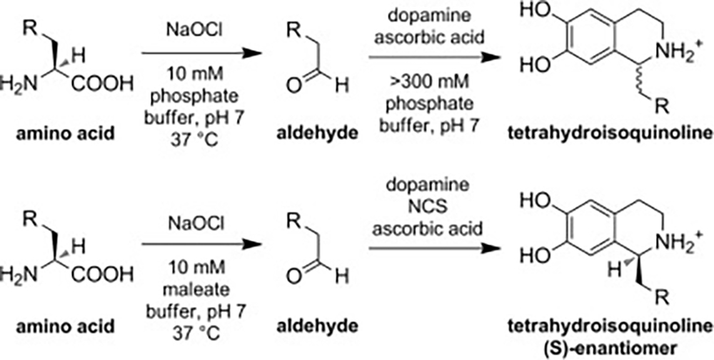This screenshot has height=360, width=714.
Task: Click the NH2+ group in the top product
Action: [660, 50]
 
